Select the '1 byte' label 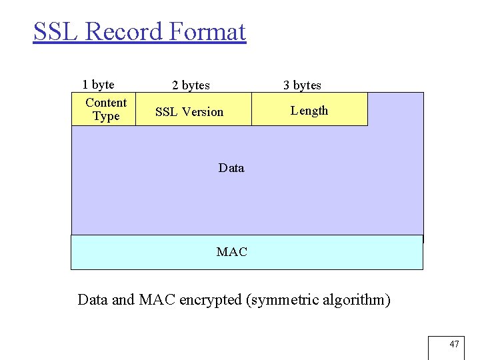tap(98, 85)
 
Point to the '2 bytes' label tap(191, 85)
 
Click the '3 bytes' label tap(302, 85)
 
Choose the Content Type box tap(104, 109)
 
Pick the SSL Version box tap(193, 109)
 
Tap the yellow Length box tap(309, 109)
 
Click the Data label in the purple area tap(231, 168)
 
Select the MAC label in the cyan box tap(231, 252)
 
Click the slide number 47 tap(454, 344)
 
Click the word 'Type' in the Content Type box tap(106, 117)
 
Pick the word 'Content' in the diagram tap(106, 103)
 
